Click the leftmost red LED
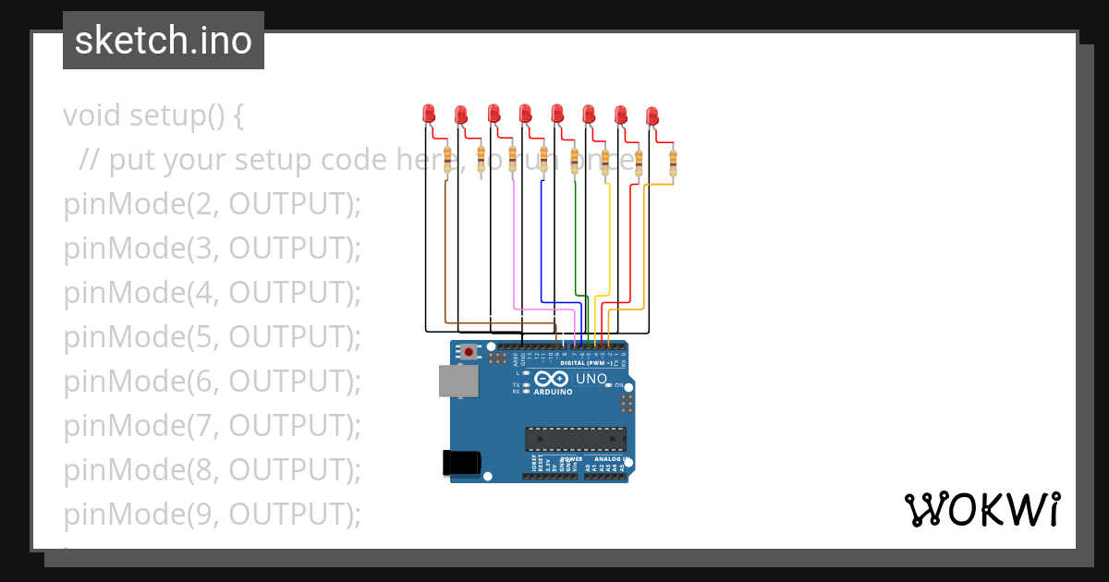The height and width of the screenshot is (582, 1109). tap(429, 114)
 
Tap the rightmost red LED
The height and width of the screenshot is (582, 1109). tap(652, 115)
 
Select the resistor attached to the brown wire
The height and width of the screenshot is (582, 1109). tap(448, 159)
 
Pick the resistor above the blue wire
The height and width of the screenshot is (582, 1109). tap(543, 159)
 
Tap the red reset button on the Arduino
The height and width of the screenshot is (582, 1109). tap(469, 352)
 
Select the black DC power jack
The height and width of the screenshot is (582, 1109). tap(462, 461)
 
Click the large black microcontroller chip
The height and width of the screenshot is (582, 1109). tap(575, 440)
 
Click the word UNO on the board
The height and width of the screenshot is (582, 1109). tap(591, 379)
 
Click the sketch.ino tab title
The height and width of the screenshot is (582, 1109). tap(164, 41)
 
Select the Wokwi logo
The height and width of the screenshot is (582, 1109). tap(981, 510)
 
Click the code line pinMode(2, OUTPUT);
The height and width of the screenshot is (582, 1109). tap(212, 204)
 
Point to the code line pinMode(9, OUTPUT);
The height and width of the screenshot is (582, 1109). tap(212, 514)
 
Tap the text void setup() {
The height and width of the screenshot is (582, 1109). tap(153, 116)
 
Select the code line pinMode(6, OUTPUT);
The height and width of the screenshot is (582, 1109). tap(212, 381)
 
